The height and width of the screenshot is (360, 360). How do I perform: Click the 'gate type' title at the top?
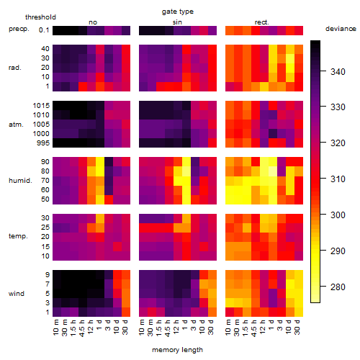coord(178,12)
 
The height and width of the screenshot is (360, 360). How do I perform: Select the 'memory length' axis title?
coord(177,350)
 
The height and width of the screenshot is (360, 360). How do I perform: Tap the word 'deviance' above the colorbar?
coord(341,29)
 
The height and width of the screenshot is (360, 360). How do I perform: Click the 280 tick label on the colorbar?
coord(338,287)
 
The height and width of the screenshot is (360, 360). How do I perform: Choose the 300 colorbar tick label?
coord(338,215)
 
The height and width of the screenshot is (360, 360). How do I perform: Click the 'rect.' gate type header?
coord(262,22)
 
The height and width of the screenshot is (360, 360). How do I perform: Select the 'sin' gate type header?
coord(177,22)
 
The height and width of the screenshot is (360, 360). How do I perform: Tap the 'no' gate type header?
coord(93,22)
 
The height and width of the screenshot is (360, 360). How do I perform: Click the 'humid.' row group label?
coord(20,181)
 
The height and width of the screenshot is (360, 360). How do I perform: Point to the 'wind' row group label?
coord(17,294)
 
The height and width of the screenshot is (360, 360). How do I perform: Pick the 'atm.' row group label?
coord(16,125)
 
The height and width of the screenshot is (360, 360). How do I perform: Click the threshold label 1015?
coord(41,106)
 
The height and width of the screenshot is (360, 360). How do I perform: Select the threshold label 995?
coord(43,143)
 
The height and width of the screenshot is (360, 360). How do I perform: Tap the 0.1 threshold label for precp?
coord(44,30)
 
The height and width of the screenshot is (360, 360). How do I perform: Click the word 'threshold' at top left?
coord(40,17)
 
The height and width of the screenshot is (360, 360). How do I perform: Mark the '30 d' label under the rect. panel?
coord(297,327)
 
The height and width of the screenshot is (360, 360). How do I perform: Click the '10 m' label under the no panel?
coord(56,327)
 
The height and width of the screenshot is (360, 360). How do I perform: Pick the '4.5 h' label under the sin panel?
coord(168,328)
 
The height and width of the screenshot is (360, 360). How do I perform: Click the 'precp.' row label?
coord(19,29)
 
